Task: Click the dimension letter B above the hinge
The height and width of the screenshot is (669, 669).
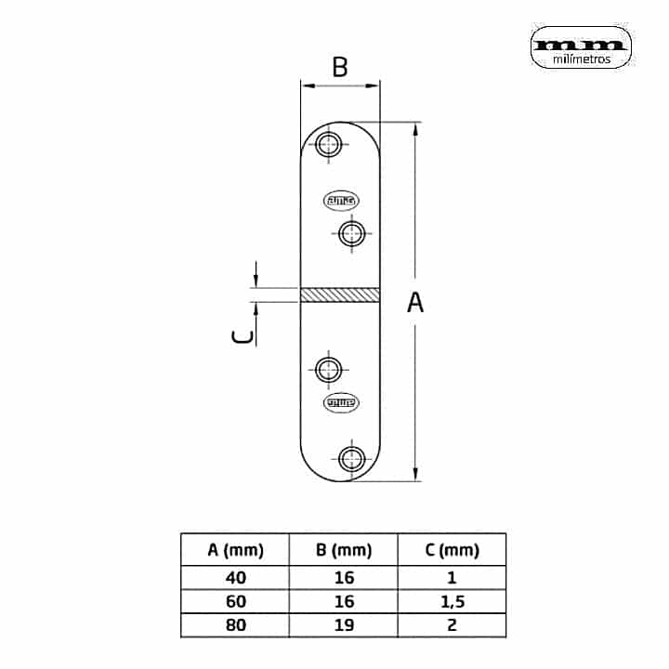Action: coord(340,67)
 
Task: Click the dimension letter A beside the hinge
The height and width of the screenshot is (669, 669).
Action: coord(415,302)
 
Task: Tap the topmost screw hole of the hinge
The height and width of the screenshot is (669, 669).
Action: coord(327,144)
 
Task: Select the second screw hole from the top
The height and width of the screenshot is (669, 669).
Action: coord(350,232)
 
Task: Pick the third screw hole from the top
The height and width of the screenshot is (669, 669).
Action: coord(327,370)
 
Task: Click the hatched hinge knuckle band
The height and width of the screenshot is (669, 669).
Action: coord(340,294)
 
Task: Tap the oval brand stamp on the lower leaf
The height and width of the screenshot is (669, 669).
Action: coord(341,402)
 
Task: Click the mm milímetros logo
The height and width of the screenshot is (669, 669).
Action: coord(582,47)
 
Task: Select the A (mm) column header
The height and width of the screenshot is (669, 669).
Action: coord(236,550)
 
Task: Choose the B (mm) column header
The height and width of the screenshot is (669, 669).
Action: coord(344,550)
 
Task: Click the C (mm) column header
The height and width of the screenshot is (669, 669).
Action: coord(452,550)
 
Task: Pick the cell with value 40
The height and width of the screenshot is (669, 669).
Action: coord(236,578)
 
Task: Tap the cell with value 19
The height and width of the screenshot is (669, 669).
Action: coord(344,624)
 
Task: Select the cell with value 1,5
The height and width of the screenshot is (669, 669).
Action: coord(452,601)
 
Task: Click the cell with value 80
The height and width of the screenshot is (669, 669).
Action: coord(236,624)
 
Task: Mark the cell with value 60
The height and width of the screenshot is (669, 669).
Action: coord(236,601)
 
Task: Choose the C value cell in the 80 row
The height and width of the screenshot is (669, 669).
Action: coord(452,624)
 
